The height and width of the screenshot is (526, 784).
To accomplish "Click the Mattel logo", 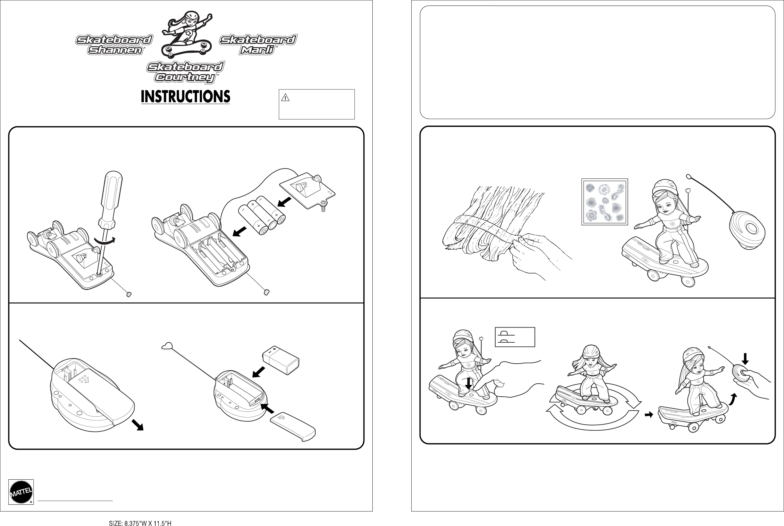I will point(21,492).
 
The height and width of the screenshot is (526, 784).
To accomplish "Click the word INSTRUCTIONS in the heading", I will point(185,97).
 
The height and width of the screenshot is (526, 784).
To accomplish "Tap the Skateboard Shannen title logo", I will point(114,45).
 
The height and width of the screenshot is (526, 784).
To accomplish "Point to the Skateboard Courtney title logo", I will point(186,72).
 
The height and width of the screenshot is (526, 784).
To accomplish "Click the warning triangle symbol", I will point(285,98).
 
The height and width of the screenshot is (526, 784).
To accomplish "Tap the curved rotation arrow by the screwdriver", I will point(105,240).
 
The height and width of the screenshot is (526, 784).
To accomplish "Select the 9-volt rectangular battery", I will point(281,361).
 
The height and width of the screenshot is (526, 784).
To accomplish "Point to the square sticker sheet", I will point(604,202).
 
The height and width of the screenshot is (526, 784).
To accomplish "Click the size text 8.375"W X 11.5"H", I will point(140,523).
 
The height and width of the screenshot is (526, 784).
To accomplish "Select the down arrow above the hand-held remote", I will point(745,359).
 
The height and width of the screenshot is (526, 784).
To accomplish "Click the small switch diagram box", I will point(515,337).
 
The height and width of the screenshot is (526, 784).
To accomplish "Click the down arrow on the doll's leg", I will point(469,383).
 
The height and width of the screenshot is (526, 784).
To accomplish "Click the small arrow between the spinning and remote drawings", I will point(649,415).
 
